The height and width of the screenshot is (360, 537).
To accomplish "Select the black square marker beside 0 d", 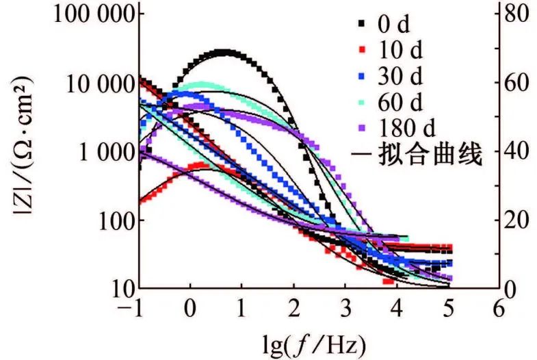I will click(361, 26).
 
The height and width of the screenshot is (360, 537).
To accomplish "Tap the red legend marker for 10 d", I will click(361, 51).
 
